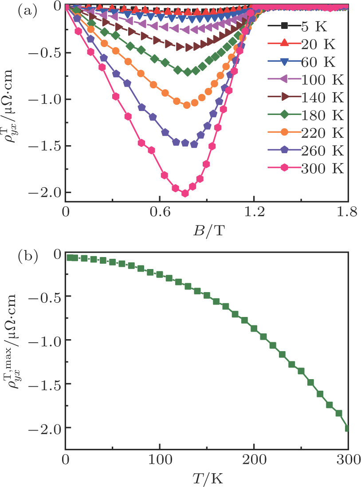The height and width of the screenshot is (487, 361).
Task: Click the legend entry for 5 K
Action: click(x=298, y=27)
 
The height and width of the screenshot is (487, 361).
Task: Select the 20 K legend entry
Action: click(x=302, y=44)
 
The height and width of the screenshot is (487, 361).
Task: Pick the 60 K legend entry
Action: click(x=302, y=62)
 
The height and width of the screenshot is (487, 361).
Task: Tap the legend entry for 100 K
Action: click(x=306, y=80)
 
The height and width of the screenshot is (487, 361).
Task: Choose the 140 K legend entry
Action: click(x=306, y=98)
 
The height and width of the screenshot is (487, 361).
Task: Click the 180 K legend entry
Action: click(x=306, y=115)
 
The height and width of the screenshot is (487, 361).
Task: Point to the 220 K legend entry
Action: click(x=306, y=133)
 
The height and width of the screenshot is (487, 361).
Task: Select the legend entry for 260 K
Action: click(x=306, y=150)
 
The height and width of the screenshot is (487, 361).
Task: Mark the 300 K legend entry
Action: click(x=306, y=168)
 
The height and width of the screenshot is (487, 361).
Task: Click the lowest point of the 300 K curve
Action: click(x=185, y=193)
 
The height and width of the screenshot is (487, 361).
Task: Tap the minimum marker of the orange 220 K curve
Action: click(x=187, y=105)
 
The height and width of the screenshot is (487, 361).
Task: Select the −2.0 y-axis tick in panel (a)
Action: click(x=45, y=193)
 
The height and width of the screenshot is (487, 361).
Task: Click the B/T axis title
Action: click(x=208, y=231)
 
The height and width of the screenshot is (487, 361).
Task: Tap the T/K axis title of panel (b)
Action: click(x=208, y=479)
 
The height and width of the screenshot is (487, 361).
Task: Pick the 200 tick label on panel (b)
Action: click(x=254, y=459)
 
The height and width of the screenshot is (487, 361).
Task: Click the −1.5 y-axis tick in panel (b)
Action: click(x=45, y=384)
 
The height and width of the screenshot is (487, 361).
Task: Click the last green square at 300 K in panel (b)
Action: click(x=347, y=428)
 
